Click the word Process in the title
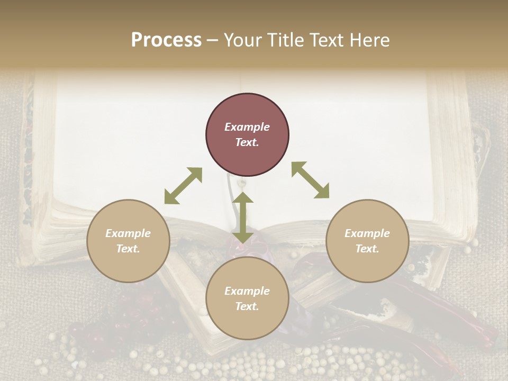(166, 40)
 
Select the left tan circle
(128, 262)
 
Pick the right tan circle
(367, 262)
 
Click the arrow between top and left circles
(183, 186)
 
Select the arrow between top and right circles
(311, 180)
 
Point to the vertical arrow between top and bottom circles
(243, 217)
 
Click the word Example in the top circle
(247, 127)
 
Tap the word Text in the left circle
(128, 249)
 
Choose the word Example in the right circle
(367, 233)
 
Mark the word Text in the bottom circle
(247, 306)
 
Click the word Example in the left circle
(128, 233)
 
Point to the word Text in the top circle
(247, 142)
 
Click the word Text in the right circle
(367, 249)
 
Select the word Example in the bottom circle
(247, 291)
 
